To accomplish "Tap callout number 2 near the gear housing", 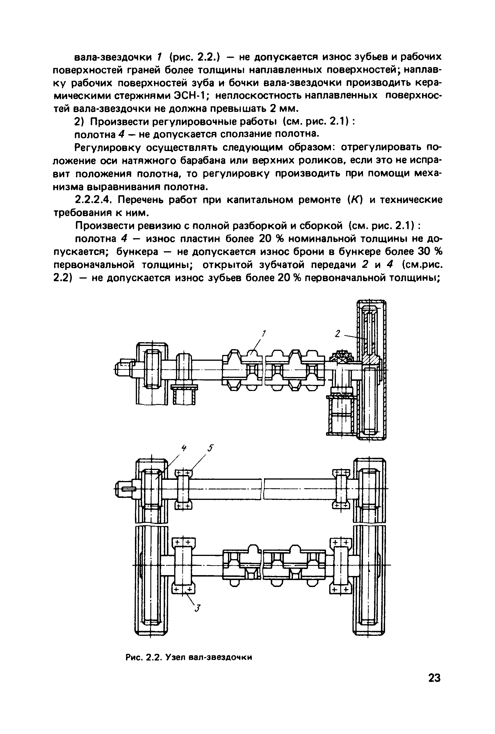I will tap(337, 333).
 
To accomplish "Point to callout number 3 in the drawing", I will tap(197, 608).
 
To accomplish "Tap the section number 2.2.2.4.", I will tap(95, 200).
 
